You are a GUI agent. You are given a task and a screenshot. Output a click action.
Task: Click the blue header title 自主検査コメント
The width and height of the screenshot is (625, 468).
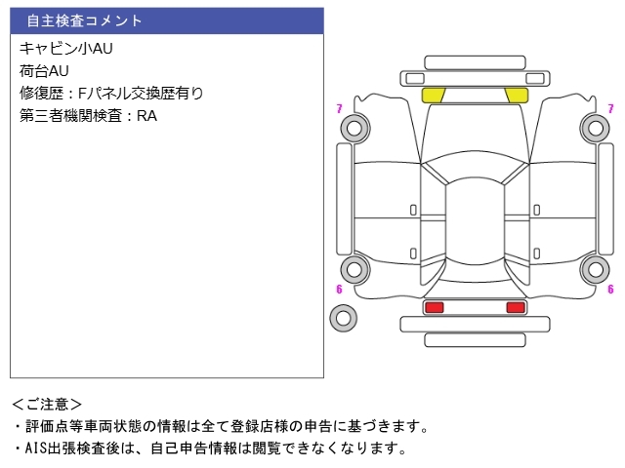point(84,20)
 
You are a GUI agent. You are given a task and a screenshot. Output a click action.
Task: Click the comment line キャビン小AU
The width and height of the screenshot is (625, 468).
point(66,49)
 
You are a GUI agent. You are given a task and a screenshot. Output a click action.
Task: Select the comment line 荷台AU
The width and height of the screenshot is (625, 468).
point(44,71)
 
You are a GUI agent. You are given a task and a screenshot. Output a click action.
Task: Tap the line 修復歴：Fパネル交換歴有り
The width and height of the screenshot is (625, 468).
point(111,94)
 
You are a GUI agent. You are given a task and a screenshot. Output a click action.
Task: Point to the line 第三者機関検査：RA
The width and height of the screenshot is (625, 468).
point(88,116)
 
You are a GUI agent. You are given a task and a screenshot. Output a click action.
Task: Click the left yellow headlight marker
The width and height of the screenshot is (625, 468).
point(434,96)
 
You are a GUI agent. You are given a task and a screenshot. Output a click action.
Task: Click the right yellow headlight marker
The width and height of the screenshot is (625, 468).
point(517,96)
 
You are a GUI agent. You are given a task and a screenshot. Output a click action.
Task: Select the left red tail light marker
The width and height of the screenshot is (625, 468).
point(434,307)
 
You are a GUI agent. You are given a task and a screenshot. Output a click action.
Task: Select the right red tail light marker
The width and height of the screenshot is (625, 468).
point(516,307)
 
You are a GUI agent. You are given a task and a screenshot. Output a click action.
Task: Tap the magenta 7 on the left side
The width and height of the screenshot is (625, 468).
point(339,108)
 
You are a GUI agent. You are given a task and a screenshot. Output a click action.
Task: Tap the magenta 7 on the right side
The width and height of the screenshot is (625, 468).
point(610,108)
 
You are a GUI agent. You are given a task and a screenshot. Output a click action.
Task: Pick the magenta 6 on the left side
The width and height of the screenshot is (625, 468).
point(339,289)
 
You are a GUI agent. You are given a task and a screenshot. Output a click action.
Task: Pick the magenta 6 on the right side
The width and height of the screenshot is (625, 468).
point(610,289)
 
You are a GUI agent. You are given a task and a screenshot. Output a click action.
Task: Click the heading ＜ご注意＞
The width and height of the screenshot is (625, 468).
point(47,405)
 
